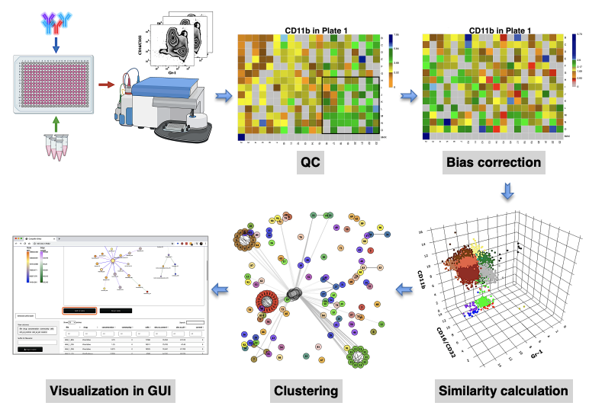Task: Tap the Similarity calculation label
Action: tap(504, 391)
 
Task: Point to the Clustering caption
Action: tap(305, 391)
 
